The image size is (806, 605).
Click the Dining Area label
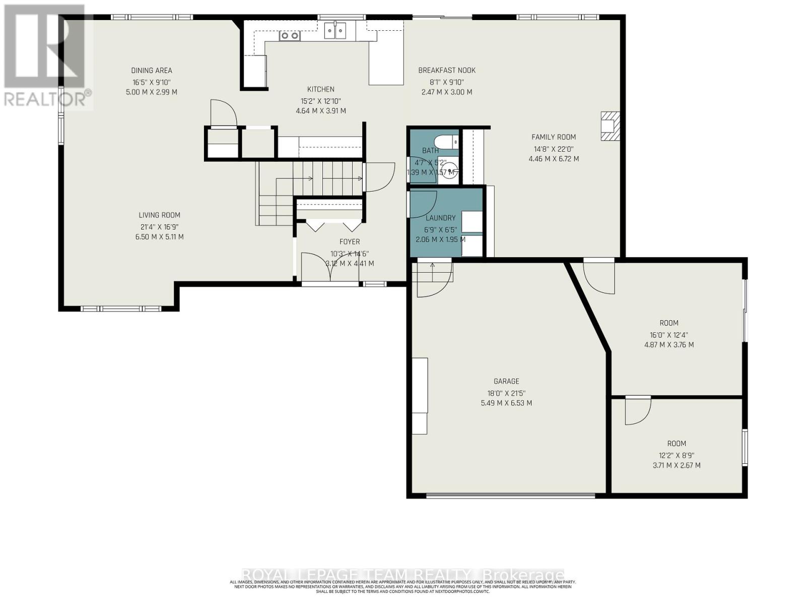[x=152, y=71]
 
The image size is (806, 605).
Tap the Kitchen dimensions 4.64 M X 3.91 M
[x=320, y=111]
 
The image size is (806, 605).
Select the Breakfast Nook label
[x=447, y=71]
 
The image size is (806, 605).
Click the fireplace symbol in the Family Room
[x=609, y=126]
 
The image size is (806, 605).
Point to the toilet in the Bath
[x=448, y=141]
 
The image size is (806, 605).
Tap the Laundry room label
[x=440, y=218]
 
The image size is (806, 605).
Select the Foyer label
[x=350, y=242]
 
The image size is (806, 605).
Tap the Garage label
[x=506, y=382]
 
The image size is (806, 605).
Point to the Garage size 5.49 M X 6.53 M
[x=506, y=403]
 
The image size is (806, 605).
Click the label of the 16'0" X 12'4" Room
[x=669, y=323]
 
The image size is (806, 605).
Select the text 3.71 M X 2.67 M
[x=677, y=465]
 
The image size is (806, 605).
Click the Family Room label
[x=554, y=137]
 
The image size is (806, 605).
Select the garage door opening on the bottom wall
[x=510, y=496]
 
